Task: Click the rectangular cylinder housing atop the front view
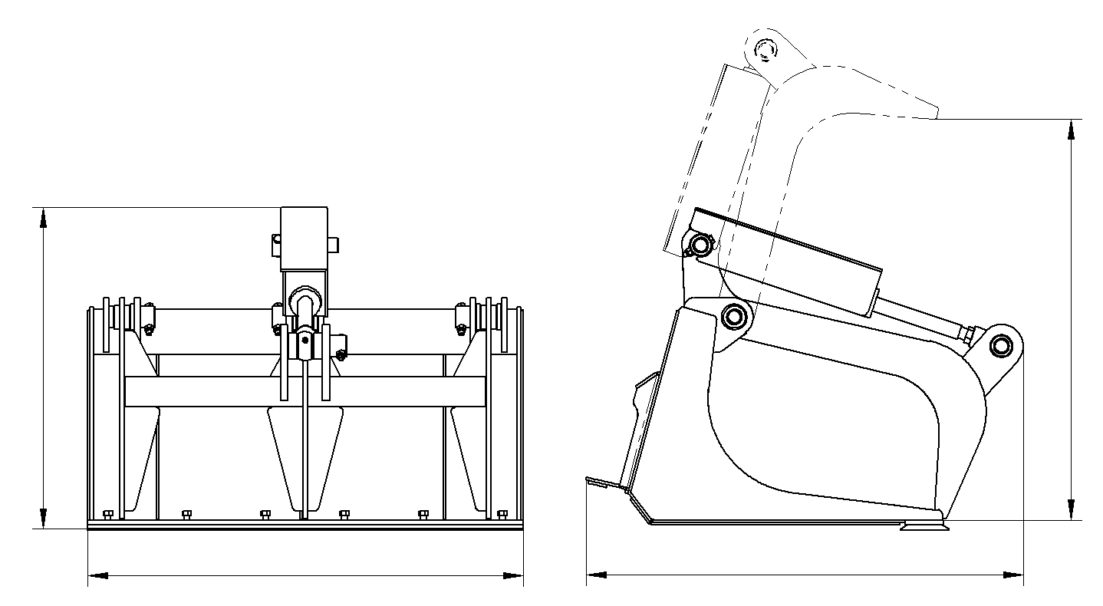pyautogui.click(x=305, y=238)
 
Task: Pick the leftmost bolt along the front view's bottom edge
pyautogui.click(x=107, y=514)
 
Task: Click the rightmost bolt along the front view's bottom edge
pyautogui.click(x=502, y=514)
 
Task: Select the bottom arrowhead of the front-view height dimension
pyautogui.click(x=43, y=519)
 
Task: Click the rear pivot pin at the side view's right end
pyautogui.click(x=1000, y=345)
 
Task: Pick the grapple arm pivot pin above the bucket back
pyautogui.click(x=734, y=315)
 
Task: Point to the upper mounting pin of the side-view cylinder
pyautogui.click(x=700, y=245)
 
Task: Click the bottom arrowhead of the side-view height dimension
pyautogui.click(x=1072, y=510)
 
